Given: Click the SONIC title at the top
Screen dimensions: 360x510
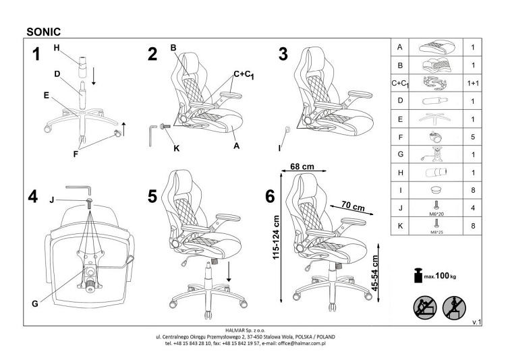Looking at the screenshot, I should click(45, 30).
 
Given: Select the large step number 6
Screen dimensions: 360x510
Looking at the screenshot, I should click(271, 197).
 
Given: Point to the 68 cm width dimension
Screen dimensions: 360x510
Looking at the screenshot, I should click(302, 166).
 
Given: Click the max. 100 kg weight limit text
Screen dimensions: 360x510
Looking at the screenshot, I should click(443, 276).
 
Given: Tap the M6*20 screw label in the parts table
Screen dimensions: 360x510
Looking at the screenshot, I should click(435, 214).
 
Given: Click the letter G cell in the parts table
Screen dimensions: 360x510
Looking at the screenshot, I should click(401, 154).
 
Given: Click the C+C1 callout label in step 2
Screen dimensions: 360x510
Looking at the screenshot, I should click(244, 75).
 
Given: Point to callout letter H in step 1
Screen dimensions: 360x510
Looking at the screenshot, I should click(57, 47).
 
